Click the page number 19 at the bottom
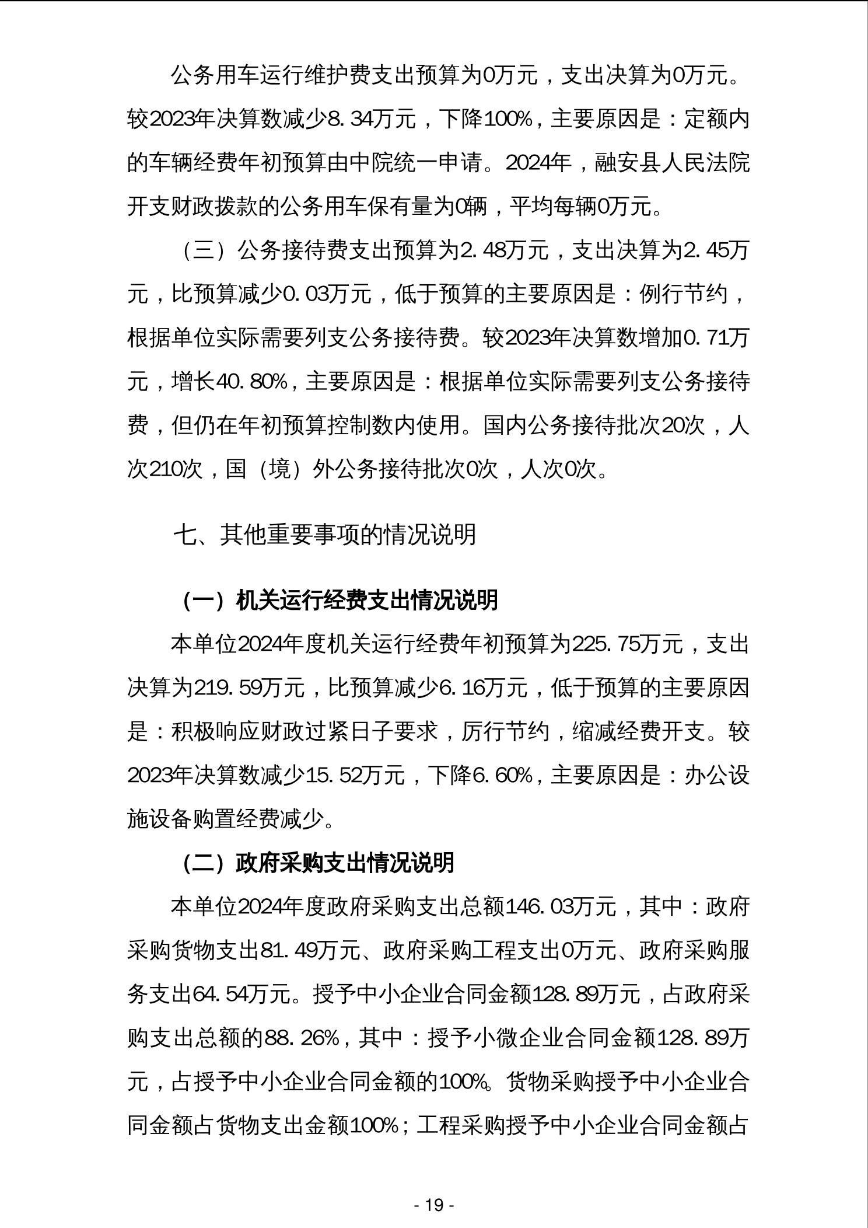coord(434,1205)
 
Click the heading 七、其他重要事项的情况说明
coord(325,535)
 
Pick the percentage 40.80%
coord(251,382)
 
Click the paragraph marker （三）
coord(204,250)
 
